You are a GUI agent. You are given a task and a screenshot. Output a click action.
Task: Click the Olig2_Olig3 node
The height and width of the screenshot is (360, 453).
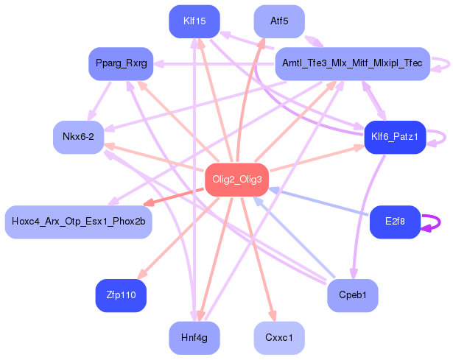(236, 180)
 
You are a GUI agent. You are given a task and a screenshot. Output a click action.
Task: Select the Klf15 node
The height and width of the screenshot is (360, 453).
(194, 21)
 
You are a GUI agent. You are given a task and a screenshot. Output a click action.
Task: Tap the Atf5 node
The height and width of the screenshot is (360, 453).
(279, 21)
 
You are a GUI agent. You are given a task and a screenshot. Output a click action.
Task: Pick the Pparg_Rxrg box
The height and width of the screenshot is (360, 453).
(121, 63)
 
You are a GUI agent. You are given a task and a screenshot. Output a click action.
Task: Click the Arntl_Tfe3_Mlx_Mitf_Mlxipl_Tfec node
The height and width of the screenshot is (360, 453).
(352, 64)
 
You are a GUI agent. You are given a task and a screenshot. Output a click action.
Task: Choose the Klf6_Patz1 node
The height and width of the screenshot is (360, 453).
(395, 137)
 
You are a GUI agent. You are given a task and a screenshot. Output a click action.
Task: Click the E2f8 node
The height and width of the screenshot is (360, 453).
(394, 222)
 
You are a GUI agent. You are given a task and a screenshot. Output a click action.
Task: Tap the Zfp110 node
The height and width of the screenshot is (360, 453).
(121, 295)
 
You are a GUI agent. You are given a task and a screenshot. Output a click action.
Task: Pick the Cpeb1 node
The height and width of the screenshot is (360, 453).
(352, 295)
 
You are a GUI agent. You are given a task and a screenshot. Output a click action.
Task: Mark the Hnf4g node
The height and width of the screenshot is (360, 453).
(194, 338)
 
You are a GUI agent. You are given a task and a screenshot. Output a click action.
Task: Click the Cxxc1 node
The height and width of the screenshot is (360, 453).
(279, 338)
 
